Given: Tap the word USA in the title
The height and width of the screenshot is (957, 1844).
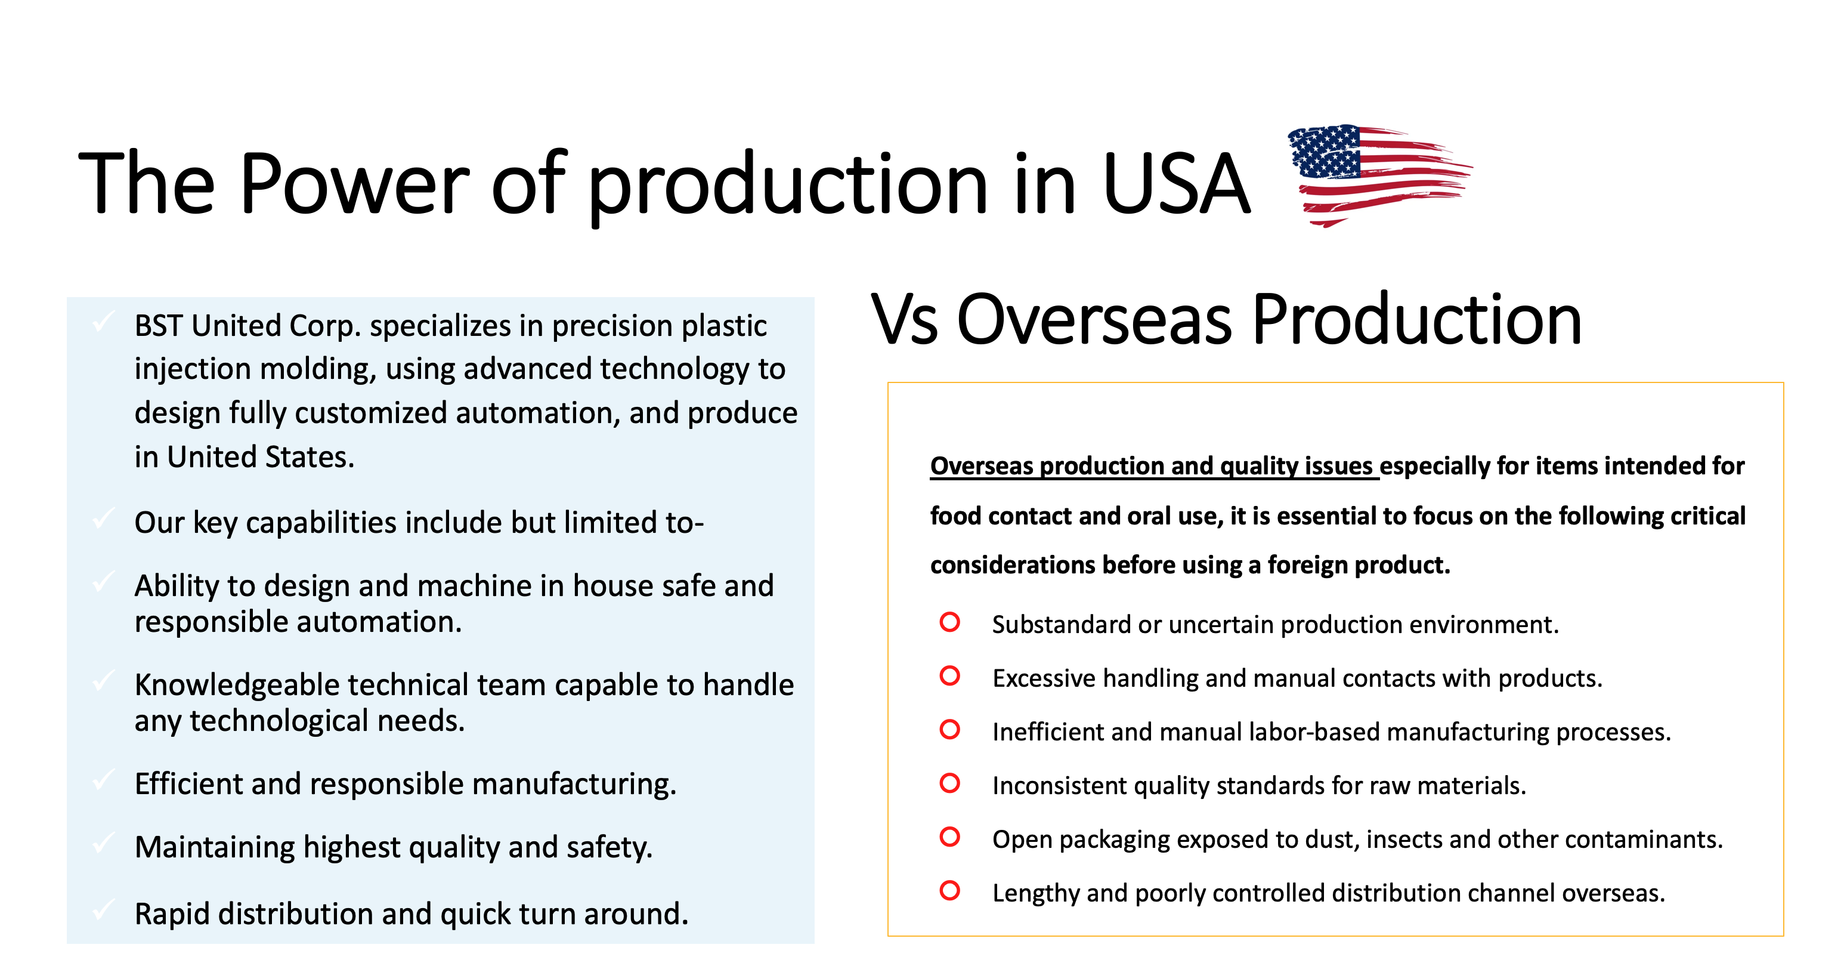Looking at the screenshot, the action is (x=1176, y=184).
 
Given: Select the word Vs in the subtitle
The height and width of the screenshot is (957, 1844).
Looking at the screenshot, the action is (x=904, y=320).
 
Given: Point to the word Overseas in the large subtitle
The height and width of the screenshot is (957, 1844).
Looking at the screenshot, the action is (x=1094, y=320).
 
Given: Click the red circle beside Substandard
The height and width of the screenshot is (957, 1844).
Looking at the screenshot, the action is (x=950, y=622).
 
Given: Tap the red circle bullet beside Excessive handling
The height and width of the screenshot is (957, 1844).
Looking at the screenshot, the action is (x=950, y=675).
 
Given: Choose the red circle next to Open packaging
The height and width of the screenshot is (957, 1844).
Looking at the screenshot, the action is (x=950, y=836).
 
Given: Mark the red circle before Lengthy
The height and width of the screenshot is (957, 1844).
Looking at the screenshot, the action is (x=950, y=890).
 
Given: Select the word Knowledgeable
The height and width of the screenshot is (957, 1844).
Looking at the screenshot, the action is (x=236, y=686).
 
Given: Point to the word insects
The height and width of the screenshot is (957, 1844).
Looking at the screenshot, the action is (x=1404, y=839).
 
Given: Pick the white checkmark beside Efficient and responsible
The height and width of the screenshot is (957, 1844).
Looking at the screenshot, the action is (x=104, y=779).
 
